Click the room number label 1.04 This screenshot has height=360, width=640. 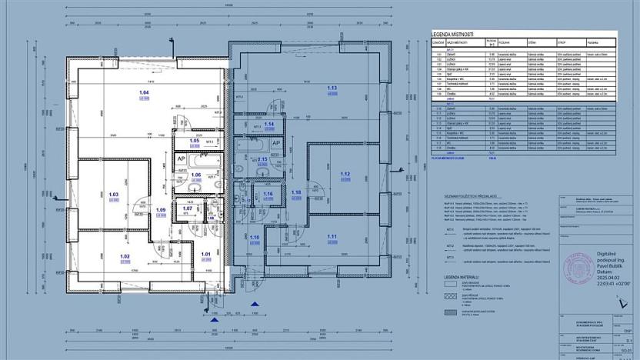pyautogui.click(x=143, y=93)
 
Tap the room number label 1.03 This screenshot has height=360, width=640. pyautogui.click(x=113, y=195)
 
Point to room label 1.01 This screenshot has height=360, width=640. pyautogui.click(x=205, y=254)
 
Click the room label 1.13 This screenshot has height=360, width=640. pyautogui.click(x=332, y=88)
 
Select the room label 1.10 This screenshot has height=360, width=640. pyautogui.click(x=255, y=238)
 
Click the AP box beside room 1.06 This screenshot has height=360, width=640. pyautogui.click(x=182, y=158)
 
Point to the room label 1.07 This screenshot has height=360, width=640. pyautogui.click(x=187, y=208)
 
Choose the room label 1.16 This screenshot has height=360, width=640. pyautogui.click(x=268, y=195)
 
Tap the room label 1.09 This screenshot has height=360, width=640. pyautogui.click(x=161, y=209)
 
